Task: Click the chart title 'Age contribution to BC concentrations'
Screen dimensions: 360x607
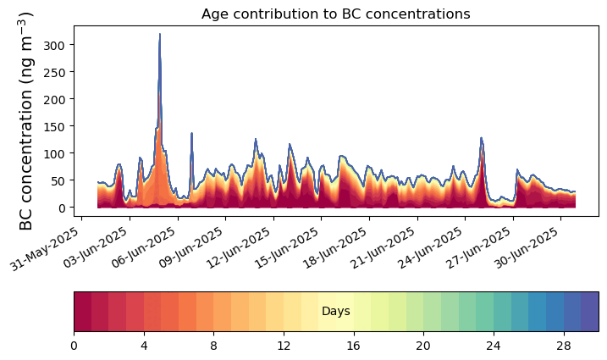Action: coord(335,14)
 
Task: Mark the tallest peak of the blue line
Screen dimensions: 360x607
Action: coord(159,35)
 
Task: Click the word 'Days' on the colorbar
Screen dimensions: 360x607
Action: coord(336,312)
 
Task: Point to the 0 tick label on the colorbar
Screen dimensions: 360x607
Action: coord(74,346)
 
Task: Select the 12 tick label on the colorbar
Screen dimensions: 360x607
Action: coord(284,346)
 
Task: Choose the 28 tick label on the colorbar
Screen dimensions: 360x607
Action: coord(564,346)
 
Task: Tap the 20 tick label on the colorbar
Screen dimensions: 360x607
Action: coord(423,346)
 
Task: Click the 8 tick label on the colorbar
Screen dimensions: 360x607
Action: coord(214,346)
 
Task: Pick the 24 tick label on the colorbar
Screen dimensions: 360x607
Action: coord(494,346)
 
